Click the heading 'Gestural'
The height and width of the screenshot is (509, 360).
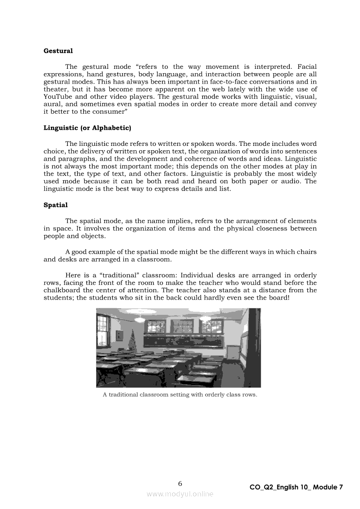58,51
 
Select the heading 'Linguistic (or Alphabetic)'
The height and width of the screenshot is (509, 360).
87,128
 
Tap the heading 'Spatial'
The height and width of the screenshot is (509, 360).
55,205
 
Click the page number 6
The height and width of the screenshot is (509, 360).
180,484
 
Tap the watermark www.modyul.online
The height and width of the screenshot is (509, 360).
180,494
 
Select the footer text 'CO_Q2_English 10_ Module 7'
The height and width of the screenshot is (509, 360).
296,488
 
